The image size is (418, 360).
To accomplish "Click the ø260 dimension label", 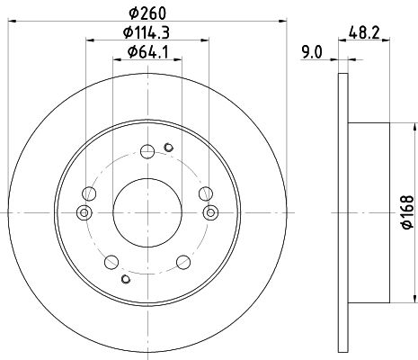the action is pyautogui.click(x=147, y=13).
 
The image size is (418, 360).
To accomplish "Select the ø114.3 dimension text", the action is pyautogui.click(x=147, y=32).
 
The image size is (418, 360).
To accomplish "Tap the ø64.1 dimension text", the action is pyautogui.click(x=147, y=52).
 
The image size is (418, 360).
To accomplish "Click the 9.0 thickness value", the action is pyautogui.click(x=312, y=52).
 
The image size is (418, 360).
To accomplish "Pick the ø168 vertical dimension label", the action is pyautogui.click(x=408, y=212).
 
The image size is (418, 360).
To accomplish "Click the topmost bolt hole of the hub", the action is pyautogui.click(x=147, y=151).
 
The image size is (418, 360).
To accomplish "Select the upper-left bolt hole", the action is pyautogui.click(x=89, y=193).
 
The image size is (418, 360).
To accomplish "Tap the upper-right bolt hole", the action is pyautogui.click(x=206, y=193).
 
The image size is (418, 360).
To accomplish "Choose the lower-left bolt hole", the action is pyautogui.click(x=111, y=262).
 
